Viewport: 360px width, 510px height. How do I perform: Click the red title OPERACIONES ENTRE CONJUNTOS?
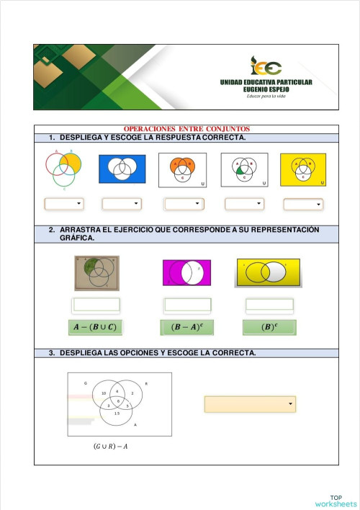[x=186, y=129]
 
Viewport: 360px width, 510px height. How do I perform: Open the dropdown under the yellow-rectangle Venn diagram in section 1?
[x=302, y=205]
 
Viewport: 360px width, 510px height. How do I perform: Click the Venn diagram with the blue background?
[x=122, y=169]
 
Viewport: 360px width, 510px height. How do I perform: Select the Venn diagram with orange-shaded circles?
[x=182, y=169]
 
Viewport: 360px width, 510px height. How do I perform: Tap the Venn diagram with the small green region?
[x=244, y=170]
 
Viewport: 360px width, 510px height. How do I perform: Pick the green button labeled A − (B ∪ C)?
[x=95, y=328]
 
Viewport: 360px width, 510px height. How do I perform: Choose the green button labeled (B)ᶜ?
[x=269, y=328]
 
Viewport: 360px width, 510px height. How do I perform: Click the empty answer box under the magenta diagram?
[x=187, y=305]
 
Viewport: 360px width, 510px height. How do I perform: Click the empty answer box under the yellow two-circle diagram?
[x=269, y=305]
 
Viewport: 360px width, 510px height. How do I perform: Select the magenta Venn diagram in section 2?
[x=186, y=273]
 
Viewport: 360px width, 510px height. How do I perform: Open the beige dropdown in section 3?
[x=250, y=404]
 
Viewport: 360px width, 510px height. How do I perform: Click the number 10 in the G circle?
[x=104, y=393]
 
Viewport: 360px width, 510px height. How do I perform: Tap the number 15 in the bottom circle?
[x=117, y=413]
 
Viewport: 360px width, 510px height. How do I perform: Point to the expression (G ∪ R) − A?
[x=111, y=447]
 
